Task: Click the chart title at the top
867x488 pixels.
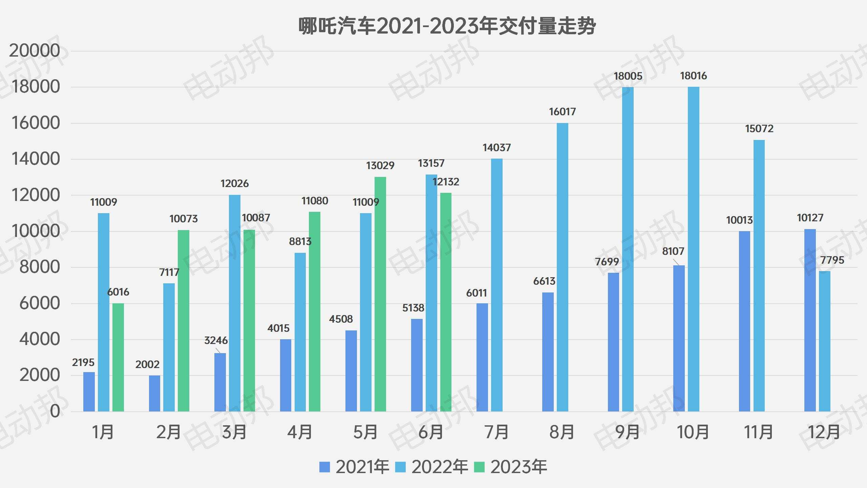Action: (447, 26)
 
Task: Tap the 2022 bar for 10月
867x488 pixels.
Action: (693, 249)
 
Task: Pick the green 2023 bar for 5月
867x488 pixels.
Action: (380, 294)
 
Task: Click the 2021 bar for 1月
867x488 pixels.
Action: (89, 392)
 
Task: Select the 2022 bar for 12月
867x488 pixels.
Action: (825, 341)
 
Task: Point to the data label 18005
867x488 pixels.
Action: (628, 76)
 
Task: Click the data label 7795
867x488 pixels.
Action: (832, 260)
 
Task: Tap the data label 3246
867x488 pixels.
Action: (216, 341)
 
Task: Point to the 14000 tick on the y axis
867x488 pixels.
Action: (36, 159)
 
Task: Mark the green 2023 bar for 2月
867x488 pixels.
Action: (184, 321)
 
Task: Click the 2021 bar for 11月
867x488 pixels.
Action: (744, 321)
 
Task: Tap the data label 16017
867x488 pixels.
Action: (562, 112)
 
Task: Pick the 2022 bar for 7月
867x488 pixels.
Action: (496, 285)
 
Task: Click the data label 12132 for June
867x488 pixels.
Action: (446, 182)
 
